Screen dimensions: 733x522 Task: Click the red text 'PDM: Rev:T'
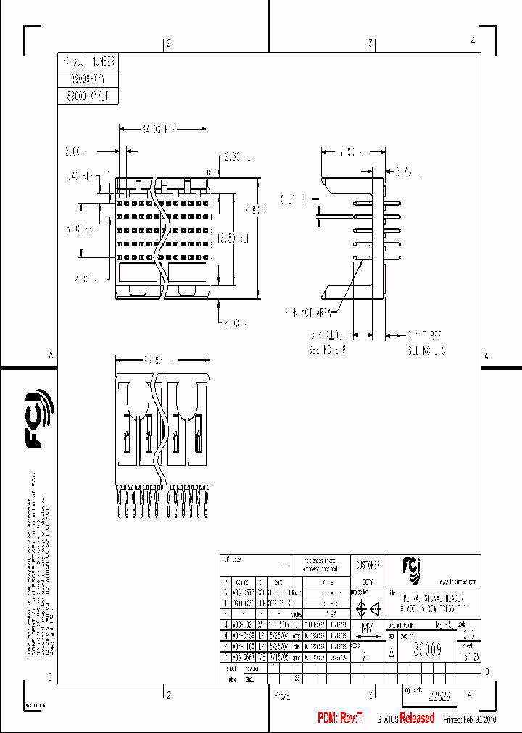341,718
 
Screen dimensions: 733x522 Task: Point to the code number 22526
439,696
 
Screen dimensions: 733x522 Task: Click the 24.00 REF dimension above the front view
159,129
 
